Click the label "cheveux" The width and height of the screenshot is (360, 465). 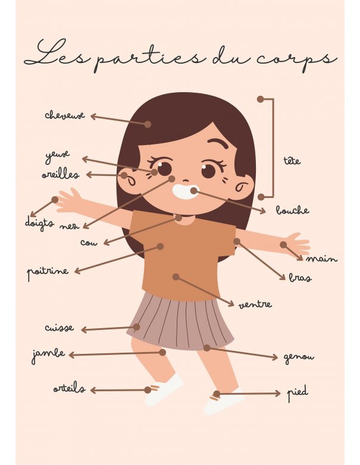coord(65,115)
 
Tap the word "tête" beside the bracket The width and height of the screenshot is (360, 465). coord(292,161)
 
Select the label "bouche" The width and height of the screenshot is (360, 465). coord(292,210)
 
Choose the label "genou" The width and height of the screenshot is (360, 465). coord(299,357)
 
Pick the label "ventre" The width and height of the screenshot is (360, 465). coord(255,304)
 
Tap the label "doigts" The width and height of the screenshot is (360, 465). coord(39,222)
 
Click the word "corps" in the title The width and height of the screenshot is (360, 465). coord(297,59)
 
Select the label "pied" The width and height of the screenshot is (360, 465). coord(298,393)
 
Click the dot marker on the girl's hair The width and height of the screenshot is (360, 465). coord(148,124)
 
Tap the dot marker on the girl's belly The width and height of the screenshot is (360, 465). coord(176,277)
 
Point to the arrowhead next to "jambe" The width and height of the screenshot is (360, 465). coord(71,354)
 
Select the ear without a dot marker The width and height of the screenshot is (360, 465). coord(244,187)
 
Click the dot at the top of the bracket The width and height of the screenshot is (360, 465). coord(260,99)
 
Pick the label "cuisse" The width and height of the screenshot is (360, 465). coord(60,328)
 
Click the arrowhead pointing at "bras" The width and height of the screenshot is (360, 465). coord(283,277)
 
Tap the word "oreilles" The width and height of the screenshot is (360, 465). coord(61,174)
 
